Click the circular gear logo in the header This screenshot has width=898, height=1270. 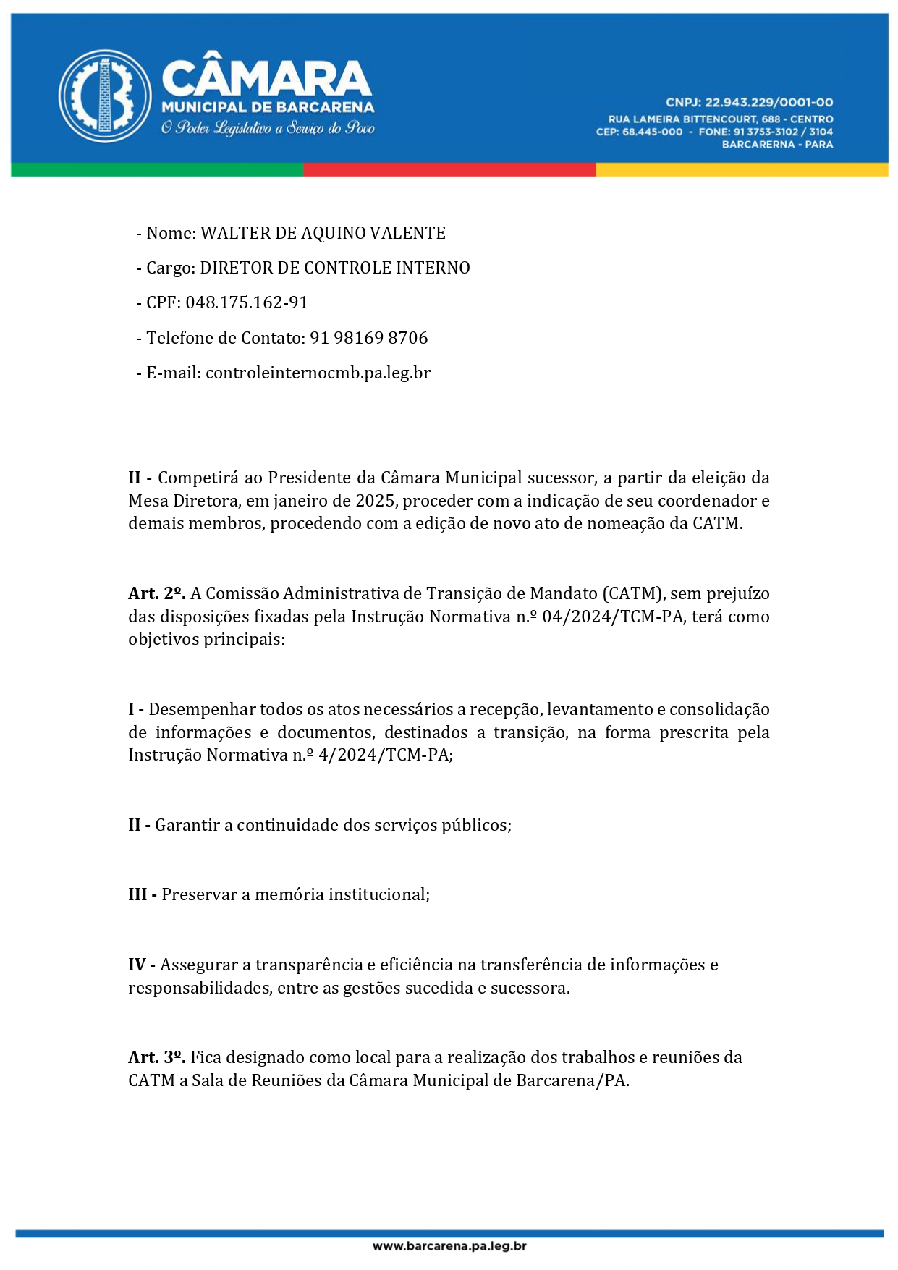pyautogui.click(x=105, y=96)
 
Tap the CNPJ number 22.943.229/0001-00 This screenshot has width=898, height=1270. pyautogui.click(x=769, y=103)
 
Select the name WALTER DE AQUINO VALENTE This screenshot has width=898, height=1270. pyautogui.click(x=323, y=233)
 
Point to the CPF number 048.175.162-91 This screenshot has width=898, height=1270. pyautogui.click(x=247, y=302)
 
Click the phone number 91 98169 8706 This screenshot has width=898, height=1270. pyautogui.click(x=369, y=338)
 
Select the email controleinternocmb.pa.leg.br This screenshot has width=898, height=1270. pyautogui.click(x=318, y=373)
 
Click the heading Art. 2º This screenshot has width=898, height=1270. pyautogui.click(x=156, y=593)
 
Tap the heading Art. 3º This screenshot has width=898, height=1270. pyautogui.click(x=156, y=1057)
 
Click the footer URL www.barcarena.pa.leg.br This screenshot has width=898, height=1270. pyautogui.click(x=449, y=1245)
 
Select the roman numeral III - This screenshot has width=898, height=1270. pyautogui.click(x=142, y=894)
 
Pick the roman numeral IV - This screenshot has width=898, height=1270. pyautogui.click(x=141, y=965)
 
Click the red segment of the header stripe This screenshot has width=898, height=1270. pyautogui.click(x=449, y=170)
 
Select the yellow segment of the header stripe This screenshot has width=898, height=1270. pyautogui.click(x=741, y=170)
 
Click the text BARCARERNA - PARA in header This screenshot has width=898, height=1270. pyautogui.click(x=777, y=145)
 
